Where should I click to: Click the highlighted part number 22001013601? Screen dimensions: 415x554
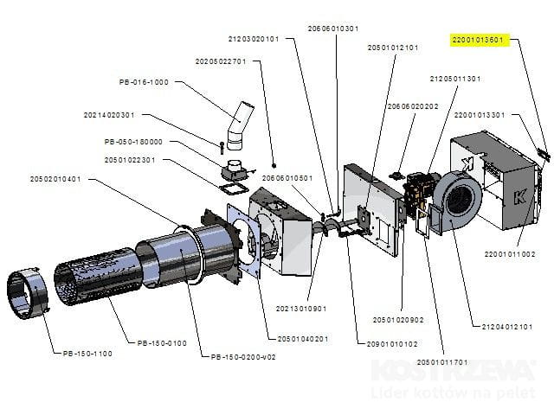pyautogui.click(x=477, y=40)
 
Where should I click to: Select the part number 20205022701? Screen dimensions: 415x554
pyautogui.click(x=221, y=61)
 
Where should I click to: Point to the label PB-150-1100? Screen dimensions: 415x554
pyautogui.click(x=89, y=353)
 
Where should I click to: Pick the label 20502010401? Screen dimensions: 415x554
pyautogui.click(x=55, y=179)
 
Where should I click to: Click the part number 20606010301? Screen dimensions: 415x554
pyautogui.click(x=333, y=28)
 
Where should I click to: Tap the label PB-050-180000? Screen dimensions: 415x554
pyautogui.click(x=133, y=142)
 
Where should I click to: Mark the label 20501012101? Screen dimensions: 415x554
pyautogui.click(x=393, y=48)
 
